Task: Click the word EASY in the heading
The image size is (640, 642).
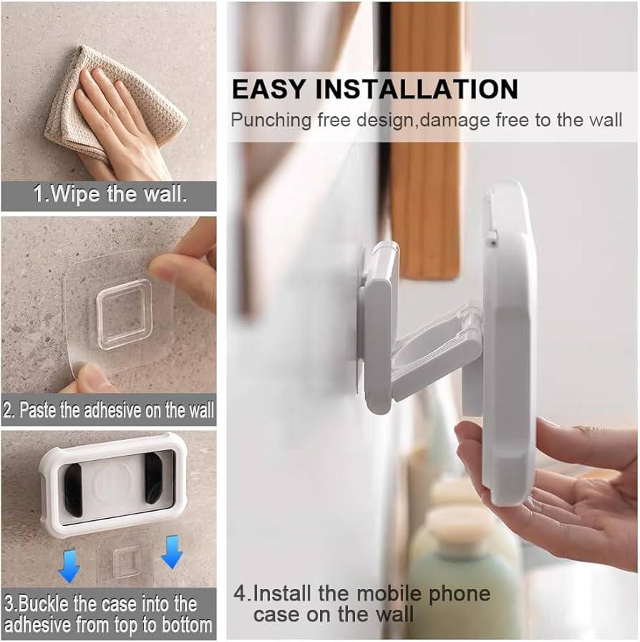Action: pos(268,89)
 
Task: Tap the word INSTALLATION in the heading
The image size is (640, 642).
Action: pos(417,89)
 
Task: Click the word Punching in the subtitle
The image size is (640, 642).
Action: pos(271,121)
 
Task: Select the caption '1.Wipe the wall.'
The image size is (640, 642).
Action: pos(110,193)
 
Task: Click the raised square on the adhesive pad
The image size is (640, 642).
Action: pos(125,314)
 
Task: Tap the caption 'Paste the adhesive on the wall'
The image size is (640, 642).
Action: pos(117,409)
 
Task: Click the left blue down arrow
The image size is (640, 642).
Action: pos(69,566)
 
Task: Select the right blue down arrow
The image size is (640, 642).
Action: pos(173,552)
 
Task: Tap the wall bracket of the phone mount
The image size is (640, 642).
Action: pos(377,327)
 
